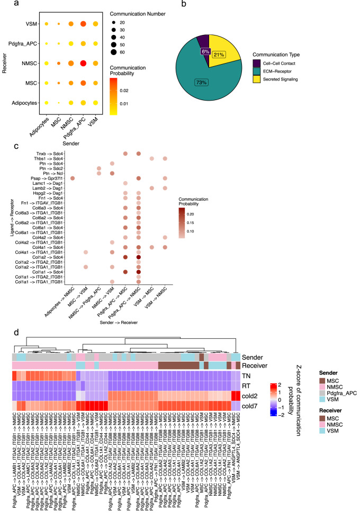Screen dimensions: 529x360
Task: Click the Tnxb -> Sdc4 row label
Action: click(x=50, y=154)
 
